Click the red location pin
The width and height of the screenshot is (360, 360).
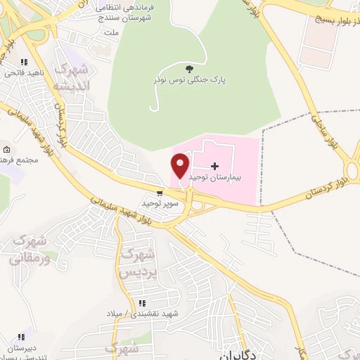click(x=181, y=167)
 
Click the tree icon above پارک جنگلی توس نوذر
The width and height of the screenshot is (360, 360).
click(x=190, y=68)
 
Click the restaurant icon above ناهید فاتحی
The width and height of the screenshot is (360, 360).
click(x=25, y=62)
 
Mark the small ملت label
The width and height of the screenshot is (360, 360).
click(x=110, y=32)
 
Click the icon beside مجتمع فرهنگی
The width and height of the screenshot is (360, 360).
click(x=6, y=150)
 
